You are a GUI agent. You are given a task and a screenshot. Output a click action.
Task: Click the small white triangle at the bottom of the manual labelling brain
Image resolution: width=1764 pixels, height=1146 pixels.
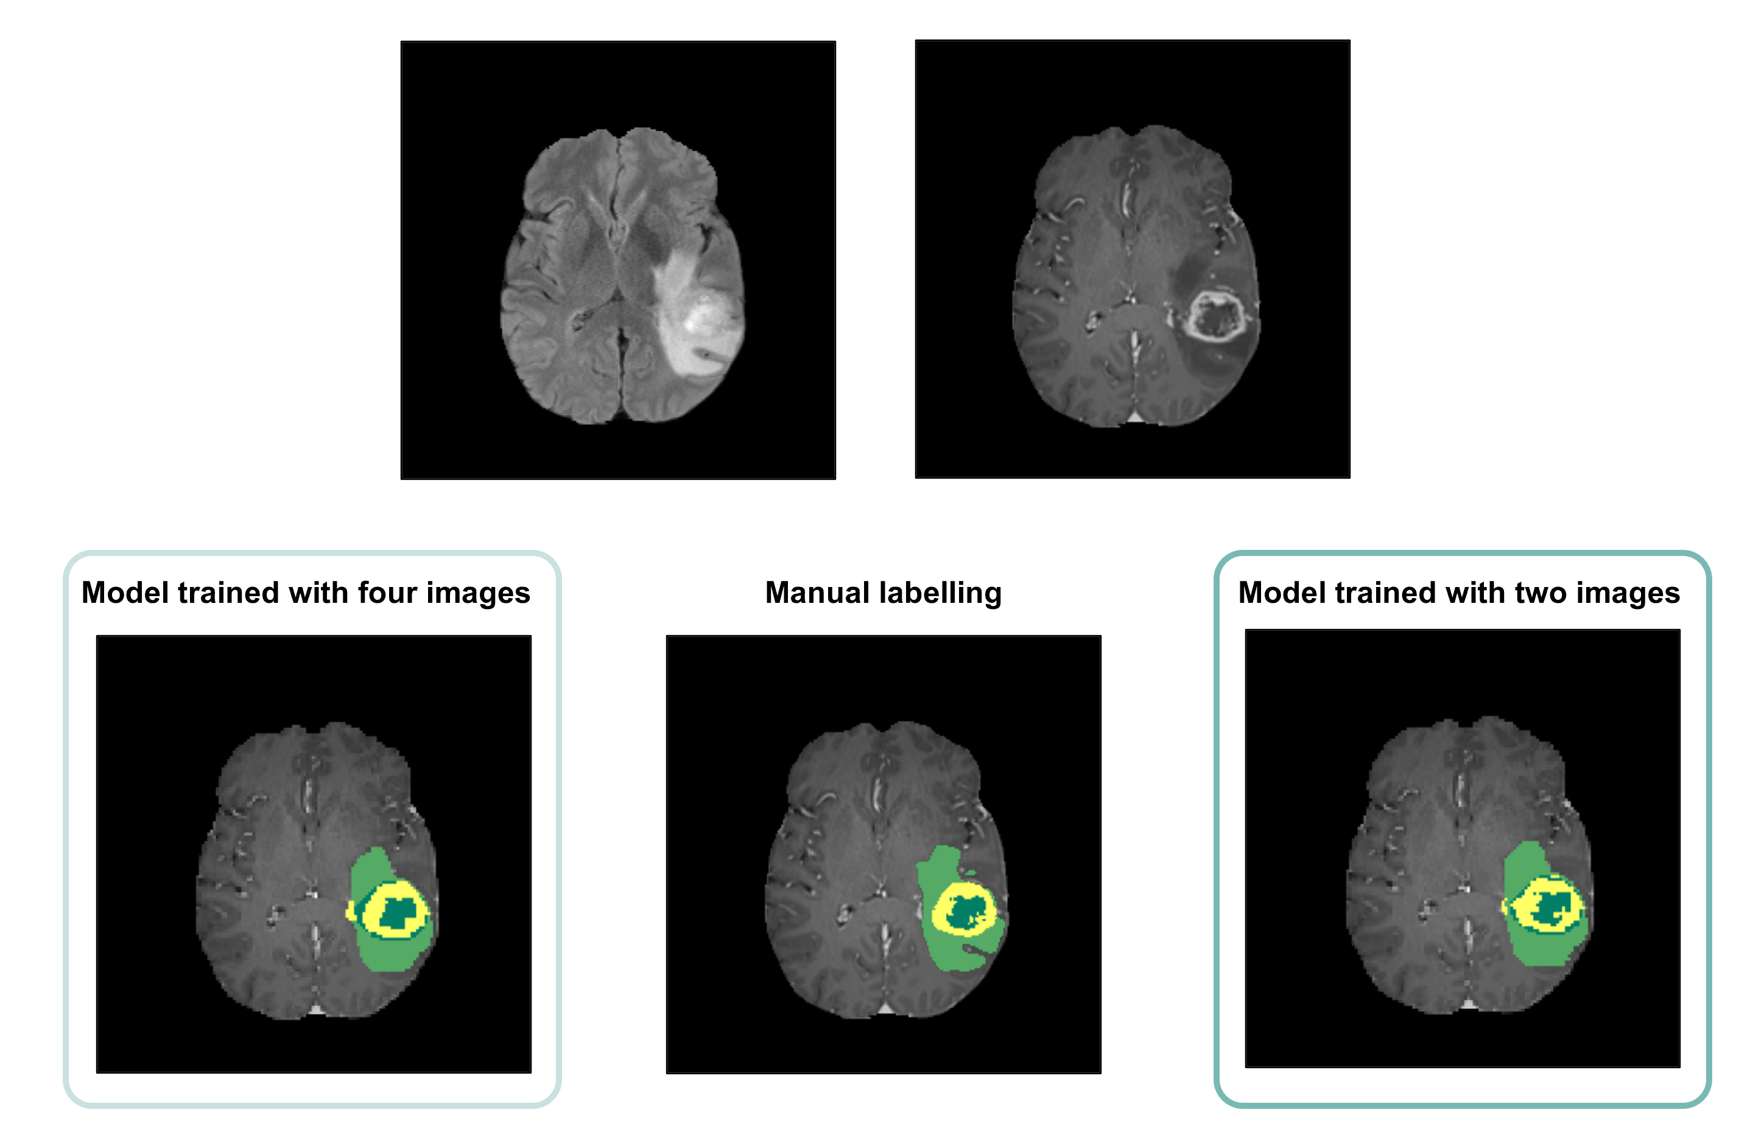(885, 1009)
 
